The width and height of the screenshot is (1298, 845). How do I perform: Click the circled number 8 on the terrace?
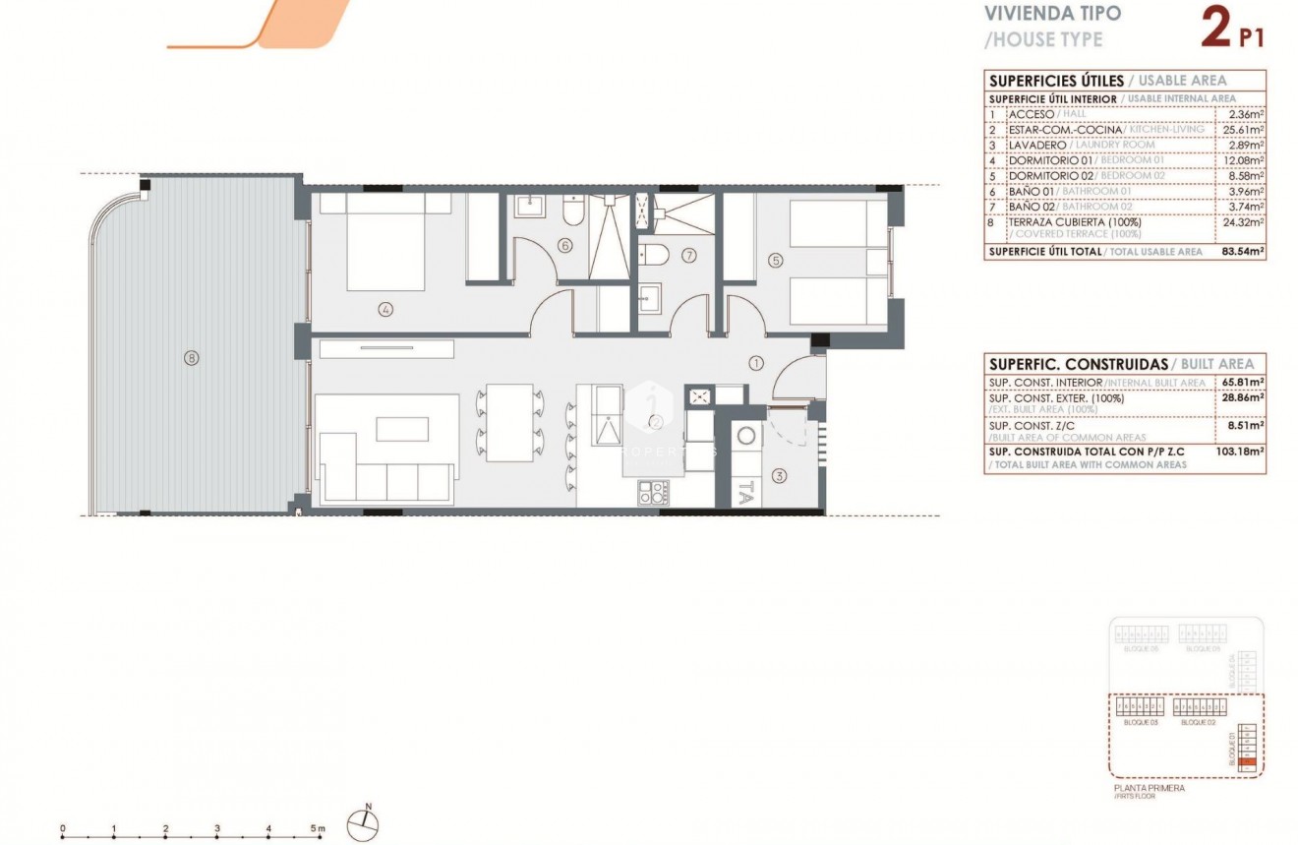191,358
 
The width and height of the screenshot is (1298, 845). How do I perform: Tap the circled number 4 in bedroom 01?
385,309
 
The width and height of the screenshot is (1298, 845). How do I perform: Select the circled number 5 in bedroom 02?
776,261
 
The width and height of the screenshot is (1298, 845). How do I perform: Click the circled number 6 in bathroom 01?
564,246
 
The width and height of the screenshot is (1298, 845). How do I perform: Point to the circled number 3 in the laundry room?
779,477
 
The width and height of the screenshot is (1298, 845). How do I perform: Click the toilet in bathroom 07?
654,256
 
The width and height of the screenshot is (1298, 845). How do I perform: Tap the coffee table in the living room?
402,430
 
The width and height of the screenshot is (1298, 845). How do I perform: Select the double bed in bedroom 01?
384,242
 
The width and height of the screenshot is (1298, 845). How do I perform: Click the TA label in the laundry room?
745,491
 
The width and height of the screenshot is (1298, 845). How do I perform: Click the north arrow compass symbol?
366,819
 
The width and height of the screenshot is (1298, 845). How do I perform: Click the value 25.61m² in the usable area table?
1241,130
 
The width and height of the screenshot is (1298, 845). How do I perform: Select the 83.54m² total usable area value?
1241,252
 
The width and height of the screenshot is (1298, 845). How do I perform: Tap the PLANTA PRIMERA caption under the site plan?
1149,788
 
